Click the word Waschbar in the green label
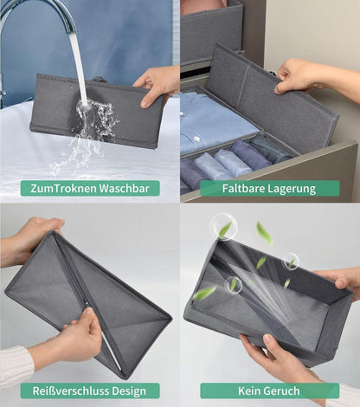click(125, 188)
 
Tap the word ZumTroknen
click(63, 188)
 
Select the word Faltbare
click(243, 188)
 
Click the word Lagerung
click(292, 189)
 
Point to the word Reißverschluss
click(71, 391)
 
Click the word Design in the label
click(129, 391)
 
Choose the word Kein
click(249, 391)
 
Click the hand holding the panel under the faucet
click(157, 85)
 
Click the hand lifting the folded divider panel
click(305, 76)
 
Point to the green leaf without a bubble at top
click(264, 233)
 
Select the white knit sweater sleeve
click(16, 366)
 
